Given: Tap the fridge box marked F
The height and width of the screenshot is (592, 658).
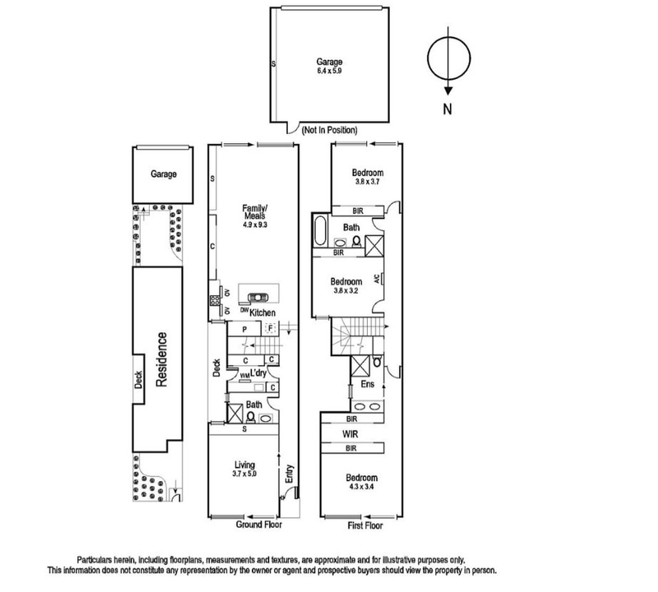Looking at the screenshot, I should [271, 328].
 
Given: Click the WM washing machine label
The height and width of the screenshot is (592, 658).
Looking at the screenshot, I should [244, 376].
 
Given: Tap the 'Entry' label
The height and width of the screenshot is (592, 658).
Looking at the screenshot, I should [289, 474].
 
